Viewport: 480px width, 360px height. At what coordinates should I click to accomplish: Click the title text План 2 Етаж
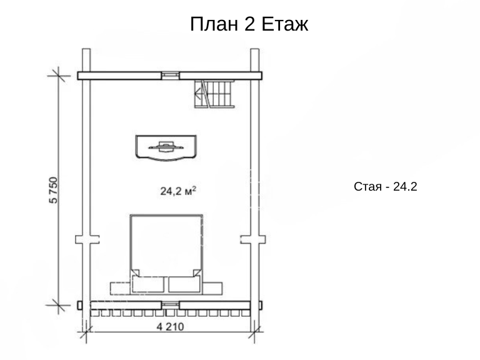click(x=249, y=24)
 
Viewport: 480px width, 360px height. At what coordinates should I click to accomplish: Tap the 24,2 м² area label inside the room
click(x=178, y=191)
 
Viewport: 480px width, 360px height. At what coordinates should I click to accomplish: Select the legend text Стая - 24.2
click(x=386, y=186)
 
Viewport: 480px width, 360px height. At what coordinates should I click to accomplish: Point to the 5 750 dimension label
click(x=53, y=190)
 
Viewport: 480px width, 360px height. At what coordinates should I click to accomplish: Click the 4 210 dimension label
click(x=170, y=327)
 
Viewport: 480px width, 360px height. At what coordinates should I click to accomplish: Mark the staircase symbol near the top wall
click(x=214, y=94)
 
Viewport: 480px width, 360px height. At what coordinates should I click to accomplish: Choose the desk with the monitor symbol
click(x=166, y=147)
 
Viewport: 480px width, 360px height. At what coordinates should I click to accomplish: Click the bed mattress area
click(x=166, y=245)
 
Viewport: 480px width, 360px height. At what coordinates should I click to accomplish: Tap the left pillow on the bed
click(x=148, y=284)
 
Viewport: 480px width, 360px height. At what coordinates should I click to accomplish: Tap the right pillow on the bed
click(x=184, y=284)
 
